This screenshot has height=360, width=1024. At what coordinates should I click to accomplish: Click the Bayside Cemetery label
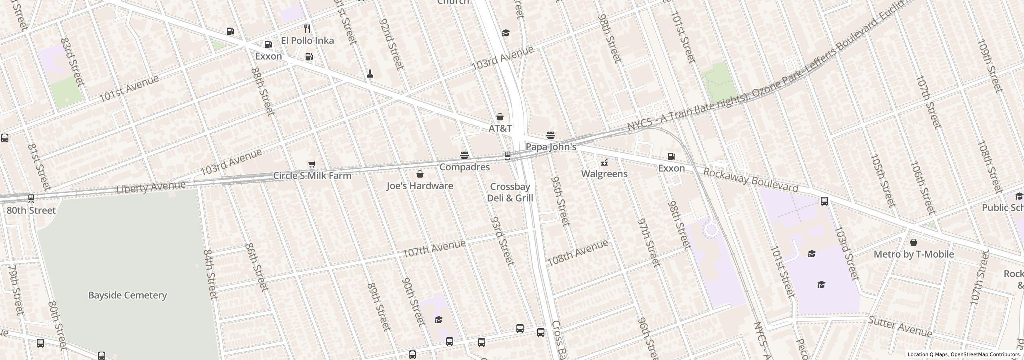[127, 295]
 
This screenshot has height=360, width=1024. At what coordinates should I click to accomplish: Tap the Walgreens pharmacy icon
[604, 162]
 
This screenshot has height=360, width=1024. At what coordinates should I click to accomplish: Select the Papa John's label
[551, 147]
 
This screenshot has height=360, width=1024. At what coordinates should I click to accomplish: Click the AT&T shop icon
[500, 117]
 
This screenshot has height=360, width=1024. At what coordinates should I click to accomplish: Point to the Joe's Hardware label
[420, 186]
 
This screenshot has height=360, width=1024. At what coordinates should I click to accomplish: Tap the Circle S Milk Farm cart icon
[312, 164]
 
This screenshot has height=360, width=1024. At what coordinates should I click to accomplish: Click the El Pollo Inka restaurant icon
[307, 29]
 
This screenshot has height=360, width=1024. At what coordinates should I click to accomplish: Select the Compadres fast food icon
[464, 155]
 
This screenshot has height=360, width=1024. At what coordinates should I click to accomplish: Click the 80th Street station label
[31, 210]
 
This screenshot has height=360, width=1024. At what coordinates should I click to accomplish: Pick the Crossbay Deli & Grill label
[510, 192]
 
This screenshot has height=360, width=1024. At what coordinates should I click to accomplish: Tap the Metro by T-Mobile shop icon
[914, 243]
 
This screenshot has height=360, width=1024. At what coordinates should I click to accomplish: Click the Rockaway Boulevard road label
[750, 180]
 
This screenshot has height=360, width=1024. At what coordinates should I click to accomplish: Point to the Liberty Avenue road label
[151, 187]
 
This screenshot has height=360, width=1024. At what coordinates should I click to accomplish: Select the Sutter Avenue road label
[900, 327]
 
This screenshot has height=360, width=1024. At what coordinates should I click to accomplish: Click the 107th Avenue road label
[434, 248]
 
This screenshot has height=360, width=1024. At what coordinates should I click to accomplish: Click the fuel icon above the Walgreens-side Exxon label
[672, 156]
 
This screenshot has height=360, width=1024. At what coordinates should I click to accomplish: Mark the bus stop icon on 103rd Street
[824, 201]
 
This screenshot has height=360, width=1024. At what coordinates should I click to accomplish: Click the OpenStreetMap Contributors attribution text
[986, 354]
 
